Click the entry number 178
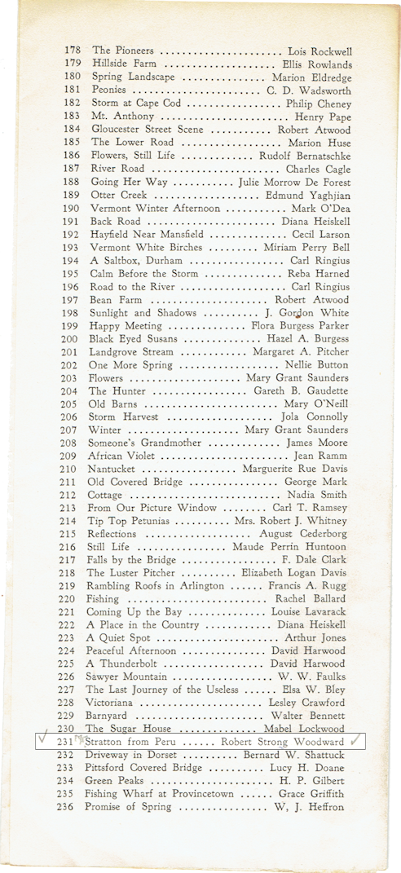(73, 51)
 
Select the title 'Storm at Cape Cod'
(131, 103)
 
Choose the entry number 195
(73, 273)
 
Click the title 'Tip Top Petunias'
(130, 521)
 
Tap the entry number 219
(73, 586)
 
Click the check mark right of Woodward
(355, 741)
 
